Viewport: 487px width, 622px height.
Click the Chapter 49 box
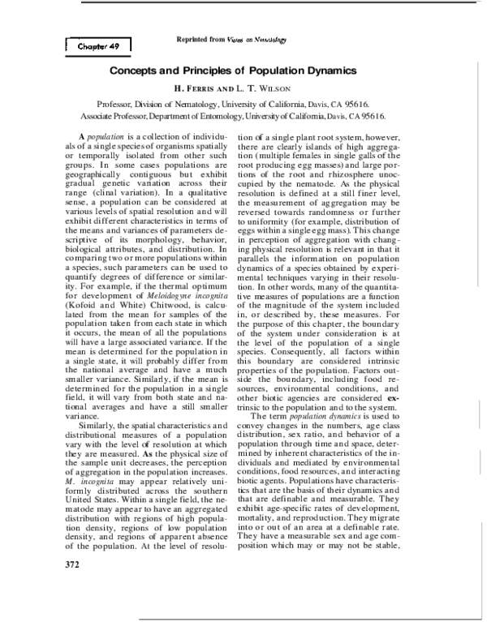point(97,47)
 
